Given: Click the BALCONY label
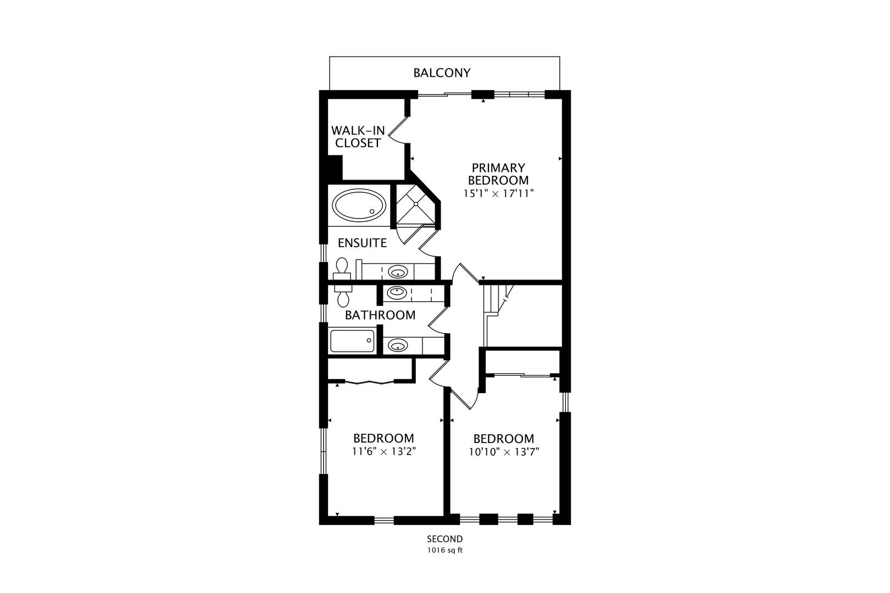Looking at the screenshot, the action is pos(442,72).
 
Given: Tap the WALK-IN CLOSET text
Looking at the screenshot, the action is pos(358,137).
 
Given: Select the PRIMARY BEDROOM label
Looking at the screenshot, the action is pos(498,174).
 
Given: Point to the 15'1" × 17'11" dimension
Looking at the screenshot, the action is pos(498,194).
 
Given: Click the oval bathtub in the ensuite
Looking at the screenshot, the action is pos(359,205).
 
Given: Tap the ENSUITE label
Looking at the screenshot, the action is pos(363,243).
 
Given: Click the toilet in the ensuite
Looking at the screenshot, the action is pos(342,269).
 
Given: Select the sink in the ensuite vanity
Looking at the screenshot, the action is pos(398,272).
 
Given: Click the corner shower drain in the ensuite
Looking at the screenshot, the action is pos(415,204).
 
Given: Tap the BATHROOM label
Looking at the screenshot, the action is pos(380,315).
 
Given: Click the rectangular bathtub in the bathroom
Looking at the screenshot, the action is pos(352,340).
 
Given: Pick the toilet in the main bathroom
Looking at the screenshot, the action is pos(342,295).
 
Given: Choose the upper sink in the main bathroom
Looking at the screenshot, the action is pos(397,293).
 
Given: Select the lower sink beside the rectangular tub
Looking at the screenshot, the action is pos(398,345).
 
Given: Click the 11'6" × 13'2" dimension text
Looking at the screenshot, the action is pos(384,451).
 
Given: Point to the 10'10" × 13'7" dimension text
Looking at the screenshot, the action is pos(504,452).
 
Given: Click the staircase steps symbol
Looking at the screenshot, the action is pos(497,300).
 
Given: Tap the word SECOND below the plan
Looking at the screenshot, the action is pos(445,539).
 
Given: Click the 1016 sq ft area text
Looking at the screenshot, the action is pos(445,551).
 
